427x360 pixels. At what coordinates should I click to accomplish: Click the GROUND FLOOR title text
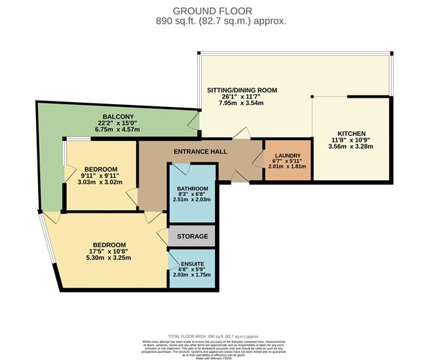click(213, 9)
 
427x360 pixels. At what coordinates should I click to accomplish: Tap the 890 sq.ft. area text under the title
click(213, 21)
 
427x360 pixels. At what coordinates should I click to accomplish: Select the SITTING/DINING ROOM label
click(242, 91)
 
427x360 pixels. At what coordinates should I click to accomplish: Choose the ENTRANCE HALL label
click(201, 152)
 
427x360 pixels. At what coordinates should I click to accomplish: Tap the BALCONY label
click(115, 116)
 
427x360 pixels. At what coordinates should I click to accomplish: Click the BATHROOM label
click(192, 189)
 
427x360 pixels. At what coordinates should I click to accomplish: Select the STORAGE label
click(192, 236)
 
